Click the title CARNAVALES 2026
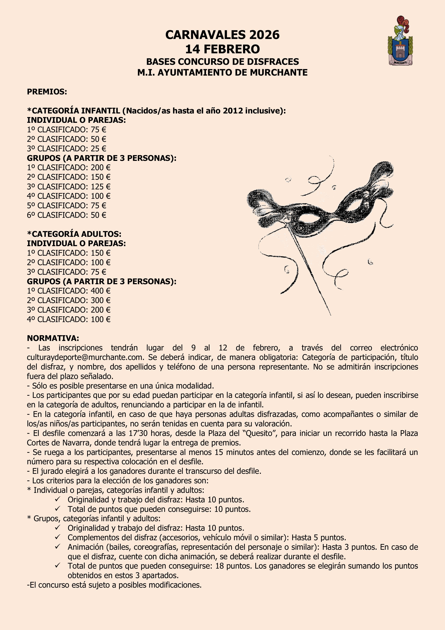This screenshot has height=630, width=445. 222,35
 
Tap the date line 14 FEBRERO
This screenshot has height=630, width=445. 222,49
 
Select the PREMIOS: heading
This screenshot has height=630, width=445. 47,92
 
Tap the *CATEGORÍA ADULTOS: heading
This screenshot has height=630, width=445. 74,234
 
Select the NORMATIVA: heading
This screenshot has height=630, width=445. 53,338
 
